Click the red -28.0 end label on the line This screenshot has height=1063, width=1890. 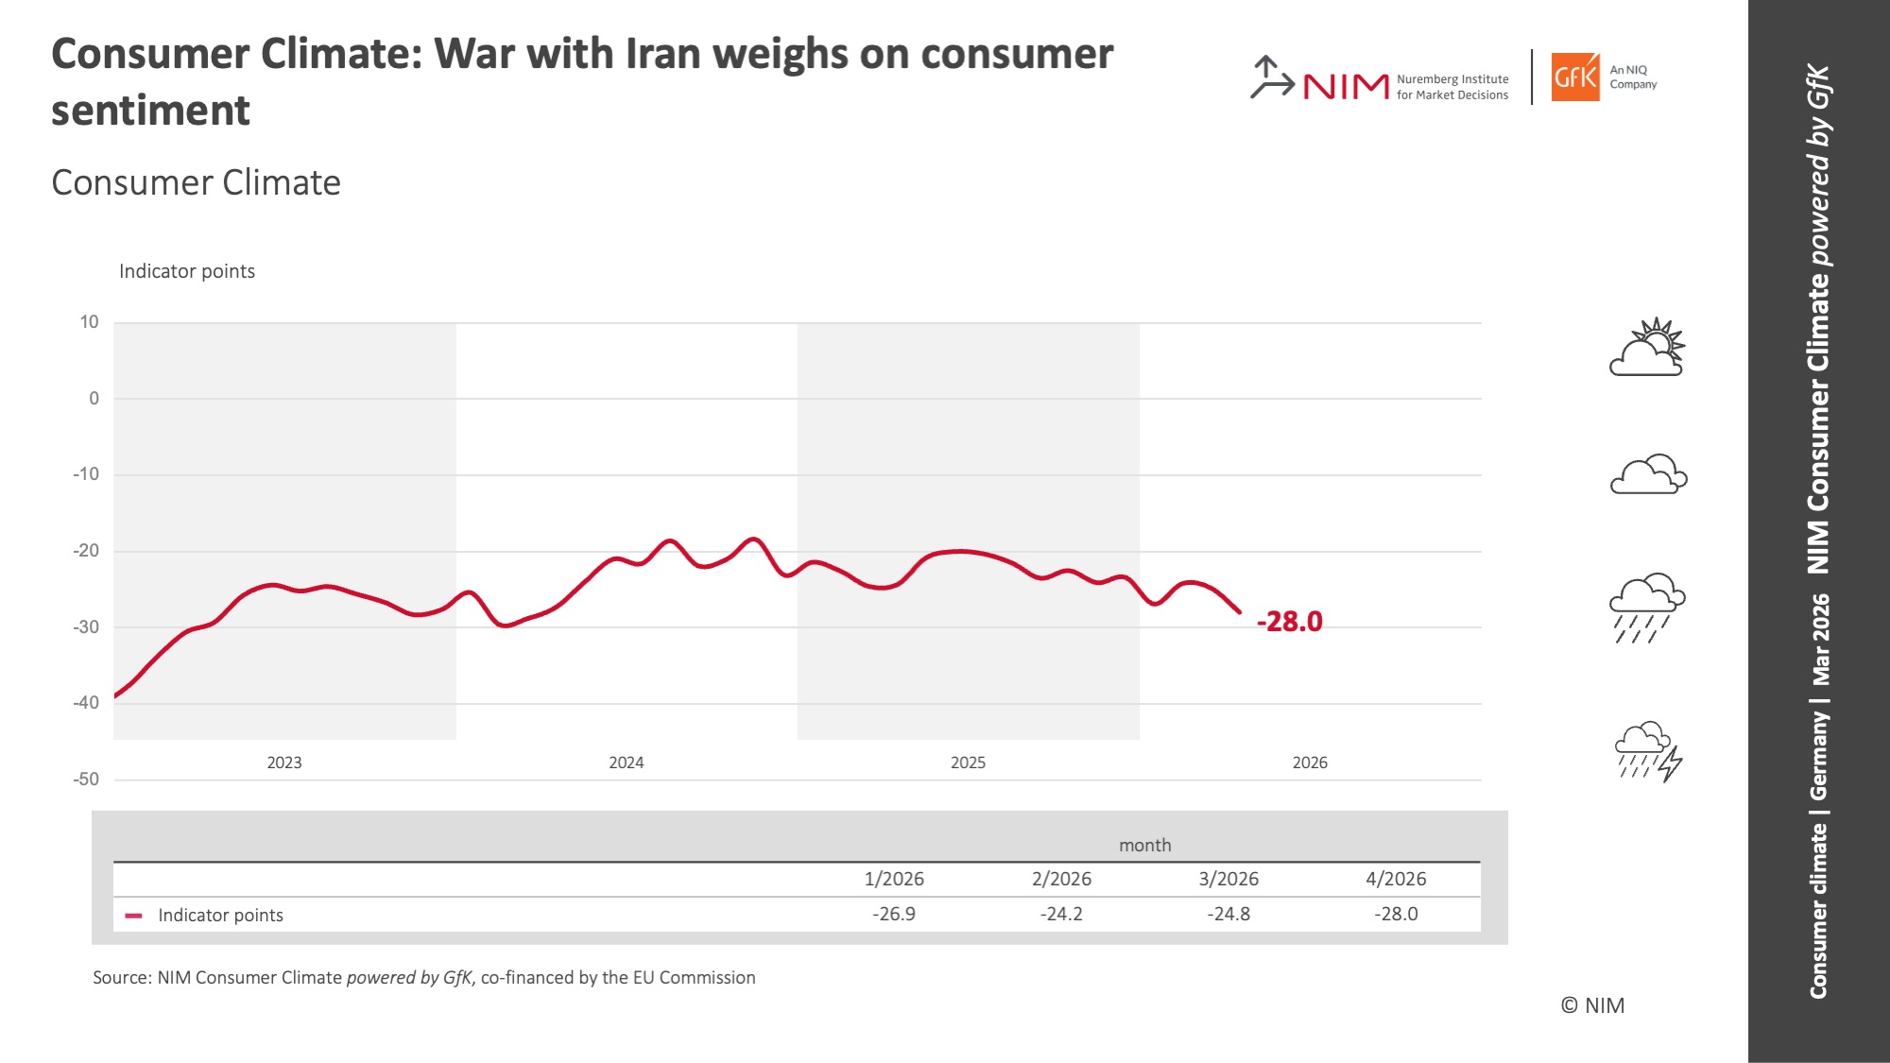(x=1289, y=622)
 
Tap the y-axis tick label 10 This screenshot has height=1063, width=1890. (x=89, y=322)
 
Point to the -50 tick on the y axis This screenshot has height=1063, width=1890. (x=86, y=780)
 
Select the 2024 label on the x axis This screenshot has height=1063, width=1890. (x=626, y=763)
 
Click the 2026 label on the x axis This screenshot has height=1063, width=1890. (x=1310, y=763)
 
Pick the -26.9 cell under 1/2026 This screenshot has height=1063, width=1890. (x=894, y=914)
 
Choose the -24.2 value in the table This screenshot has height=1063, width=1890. (x=1061, y=914)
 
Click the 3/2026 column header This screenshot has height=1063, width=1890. (x=1228, y=879)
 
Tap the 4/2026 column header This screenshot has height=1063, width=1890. (x=1396, y=879)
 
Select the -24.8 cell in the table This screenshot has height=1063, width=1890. (x=1228, y=914)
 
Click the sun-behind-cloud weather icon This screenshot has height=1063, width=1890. (x=1648, y=348)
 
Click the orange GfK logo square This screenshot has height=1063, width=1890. (x=1575, y=77)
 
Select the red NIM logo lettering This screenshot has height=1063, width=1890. (x=1346, y=87)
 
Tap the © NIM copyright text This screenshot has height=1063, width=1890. (x=1592, y=1005)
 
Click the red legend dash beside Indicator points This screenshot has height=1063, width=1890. (x=133, y=916)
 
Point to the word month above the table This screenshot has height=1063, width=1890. (x=1144, y=845)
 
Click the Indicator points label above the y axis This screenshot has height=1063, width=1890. (x=187, y=271)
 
